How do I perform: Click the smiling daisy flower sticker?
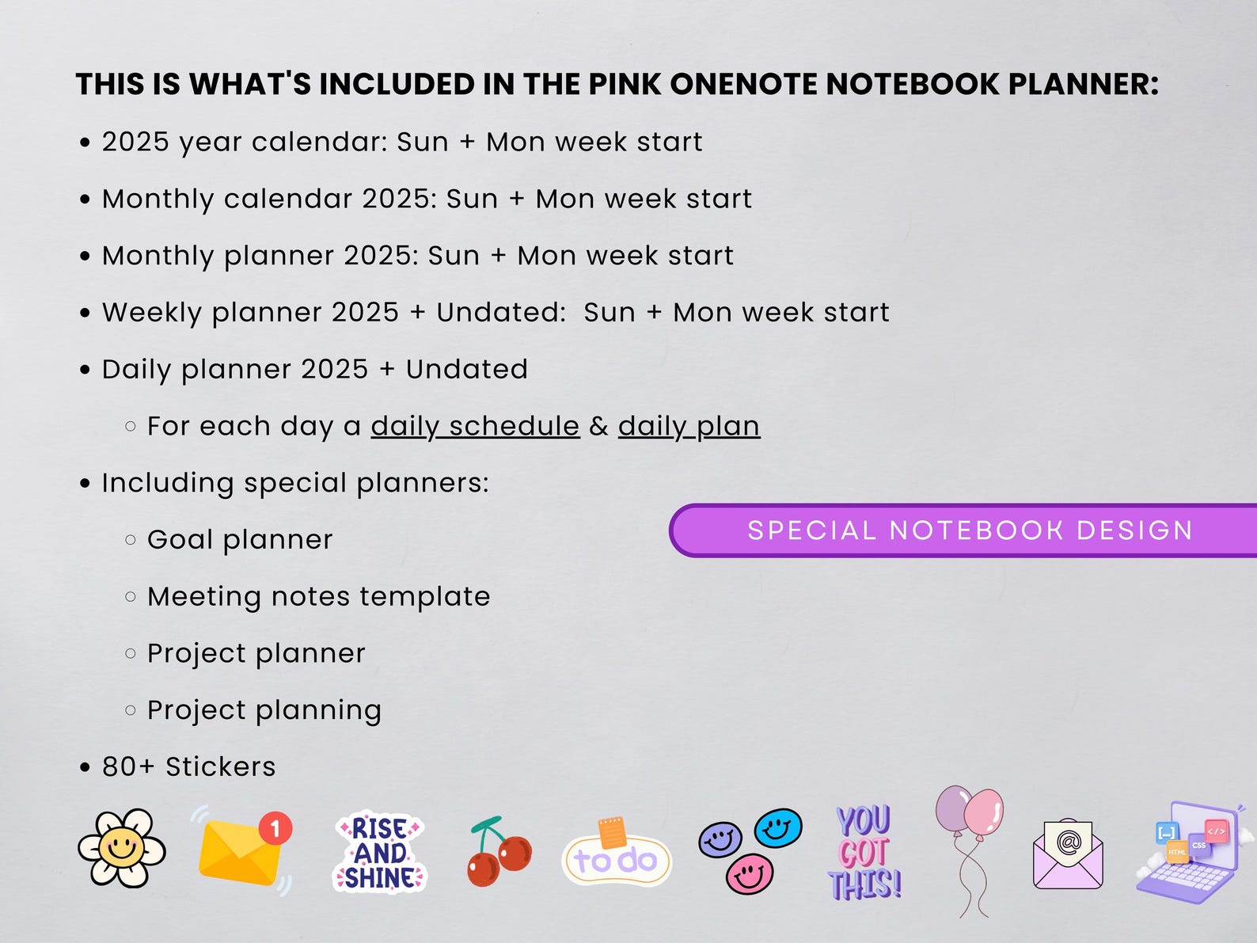click(122, 847)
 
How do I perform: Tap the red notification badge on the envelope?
click(275, 829)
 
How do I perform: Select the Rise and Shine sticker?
click(380, 853)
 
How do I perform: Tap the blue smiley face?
click(778, 828)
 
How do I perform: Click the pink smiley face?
click(749, 874)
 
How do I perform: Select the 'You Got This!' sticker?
click(865, 853)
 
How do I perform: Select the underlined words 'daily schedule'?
click(475, 426)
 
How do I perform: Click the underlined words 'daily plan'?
click(689, 426)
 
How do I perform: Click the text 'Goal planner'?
click(240, 539)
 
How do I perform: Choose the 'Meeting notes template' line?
click(318, 596)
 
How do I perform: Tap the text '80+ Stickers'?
click(188, 766)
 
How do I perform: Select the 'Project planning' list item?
click(264, 710)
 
